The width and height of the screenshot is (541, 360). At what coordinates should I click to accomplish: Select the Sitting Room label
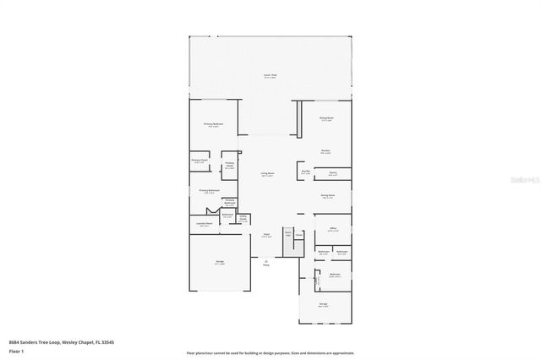[x=325, y=119]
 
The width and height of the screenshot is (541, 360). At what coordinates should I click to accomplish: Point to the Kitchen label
[x=325, y=152]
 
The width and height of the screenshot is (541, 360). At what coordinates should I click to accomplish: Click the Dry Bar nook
[x=305, y=172]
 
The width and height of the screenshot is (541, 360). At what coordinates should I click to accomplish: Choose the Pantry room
[x=333, y=173]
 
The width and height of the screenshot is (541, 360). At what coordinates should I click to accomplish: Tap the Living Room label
[x=267, y=174]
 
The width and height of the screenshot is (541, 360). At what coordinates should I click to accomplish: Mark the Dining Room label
[x=326, y=196]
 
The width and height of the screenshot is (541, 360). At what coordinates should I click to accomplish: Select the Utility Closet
[x=243, y=218]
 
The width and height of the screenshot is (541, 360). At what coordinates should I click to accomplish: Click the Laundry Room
[x=205, y=225]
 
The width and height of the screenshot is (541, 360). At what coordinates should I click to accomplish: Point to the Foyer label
[x=265, y=234]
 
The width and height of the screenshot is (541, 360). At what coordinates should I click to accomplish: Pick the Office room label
[x=333, y=228]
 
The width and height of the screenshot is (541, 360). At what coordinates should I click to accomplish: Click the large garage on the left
[x=220, y=264]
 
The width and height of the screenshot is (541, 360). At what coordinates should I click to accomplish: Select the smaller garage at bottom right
[x=323, y=305]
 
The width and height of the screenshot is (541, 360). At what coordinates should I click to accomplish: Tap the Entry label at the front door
[x=265, y=265]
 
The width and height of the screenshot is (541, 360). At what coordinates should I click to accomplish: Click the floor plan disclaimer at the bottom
[x=270, y=353]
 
